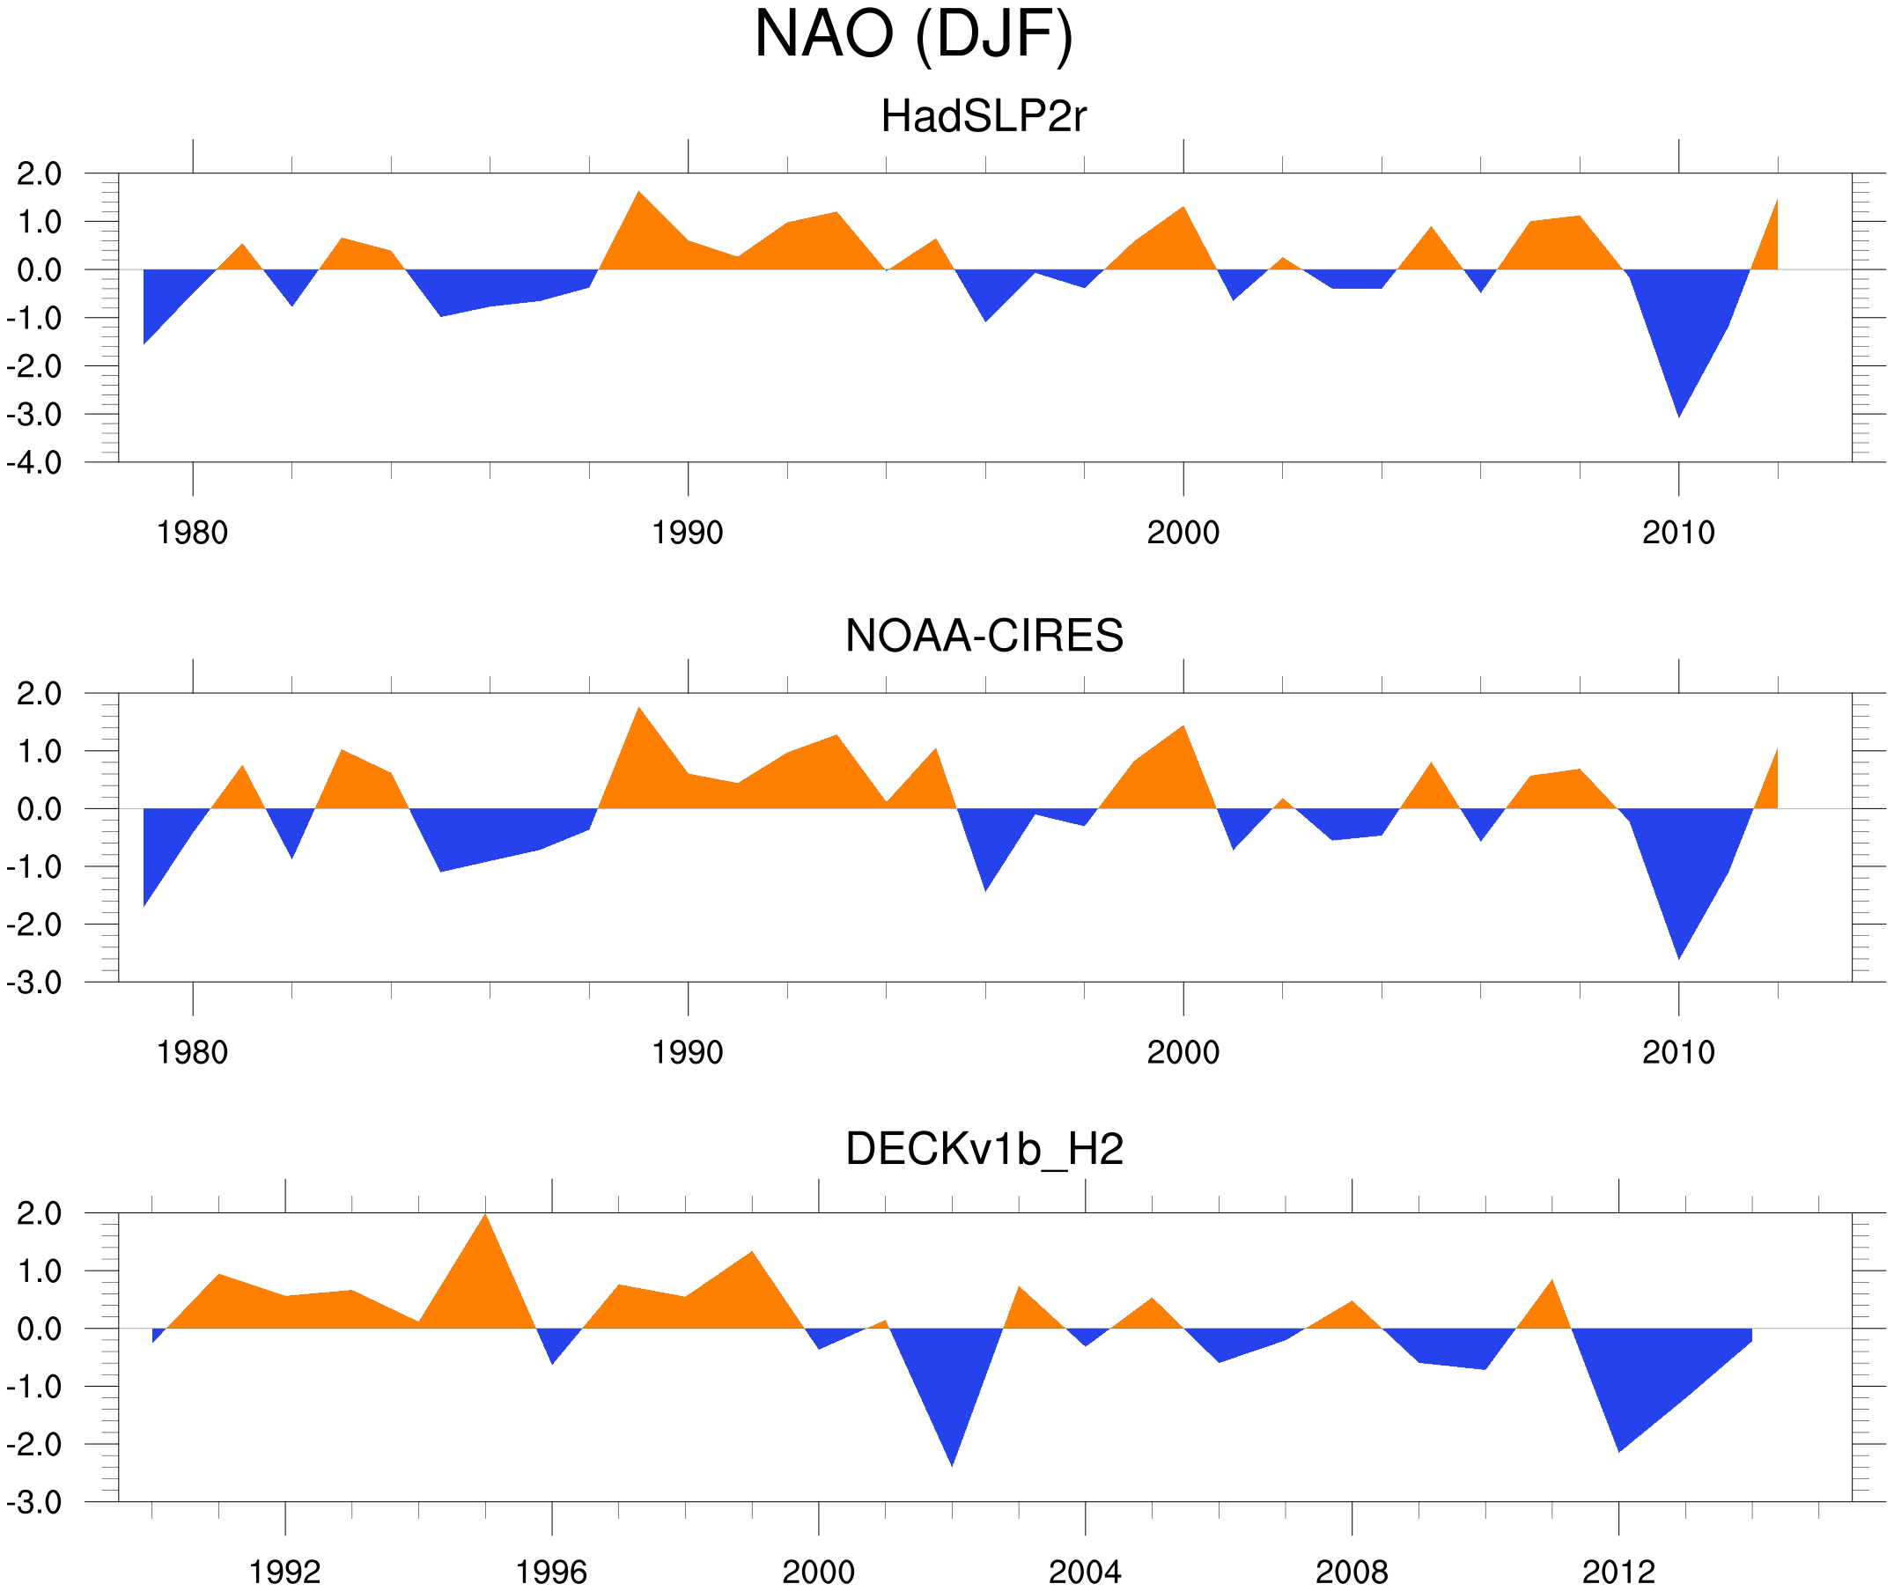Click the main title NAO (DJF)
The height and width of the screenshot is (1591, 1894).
click(x=913, y=34)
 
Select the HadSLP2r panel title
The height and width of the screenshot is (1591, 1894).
click(x=983, y=116)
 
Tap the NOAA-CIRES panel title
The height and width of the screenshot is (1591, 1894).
click(x=984, y=636)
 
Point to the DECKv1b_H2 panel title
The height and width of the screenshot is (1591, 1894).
click(x=984, y=1149)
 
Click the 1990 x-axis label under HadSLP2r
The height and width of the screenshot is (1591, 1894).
click(x=688, y=533)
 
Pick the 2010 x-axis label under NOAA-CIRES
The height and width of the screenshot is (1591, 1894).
click(x=1677, y=1052)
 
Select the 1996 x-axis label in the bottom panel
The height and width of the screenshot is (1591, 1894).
click(x=551, y=1572)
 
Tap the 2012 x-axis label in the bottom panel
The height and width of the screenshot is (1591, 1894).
click(x=1618, y=1572)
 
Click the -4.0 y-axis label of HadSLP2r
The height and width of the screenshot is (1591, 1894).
click(x=34, y=464)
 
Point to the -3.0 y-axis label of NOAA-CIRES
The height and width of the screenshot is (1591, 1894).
click(x=34, y=983)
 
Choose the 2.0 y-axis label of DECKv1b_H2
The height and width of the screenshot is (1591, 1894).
click(x=39, y=1214)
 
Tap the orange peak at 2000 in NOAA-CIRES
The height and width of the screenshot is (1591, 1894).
click(x=1183, y=734)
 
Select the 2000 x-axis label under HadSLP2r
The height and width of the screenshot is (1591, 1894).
click(x=1183, y=533)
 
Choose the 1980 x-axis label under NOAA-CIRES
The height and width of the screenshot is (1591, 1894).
click(x=192, y=1052)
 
